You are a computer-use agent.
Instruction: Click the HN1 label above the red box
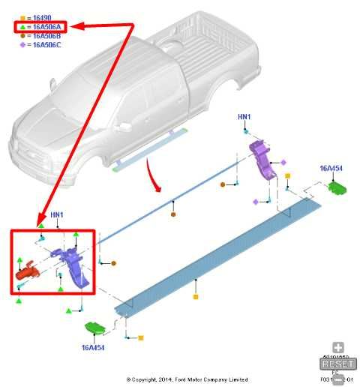point(57,215)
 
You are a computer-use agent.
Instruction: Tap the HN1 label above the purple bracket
point(244,118)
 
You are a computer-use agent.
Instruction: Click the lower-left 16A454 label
point(94,348)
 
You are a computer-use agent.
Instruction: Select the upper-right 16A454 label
point(331,169)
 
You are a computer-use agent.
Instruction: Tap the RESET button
point(338,363)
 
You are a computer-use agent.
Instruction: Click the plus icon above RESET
point(338,348)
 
